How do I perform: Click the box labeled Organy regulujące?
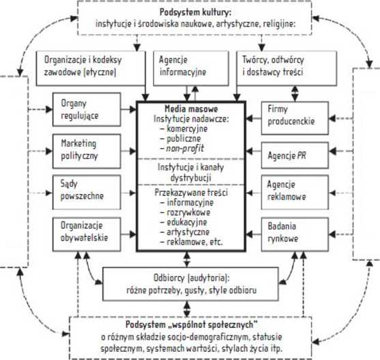pos(87,109)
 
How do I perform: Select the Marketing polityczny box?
pos(87,151)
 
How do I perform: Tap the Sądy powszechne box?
pos(87,193)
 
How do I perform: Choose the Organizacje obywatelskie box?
pos(87,234)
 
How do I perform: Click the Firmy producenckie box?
pos(295,118)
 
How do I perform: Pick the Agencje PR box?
pos(295,156)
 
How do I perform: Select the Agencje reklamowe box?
pos(295,193)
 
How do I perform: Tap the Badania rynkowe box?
pos(295,234)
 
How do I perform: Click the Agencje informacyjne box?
pos(191,68)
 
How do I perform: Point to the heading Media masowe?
pos(191,109)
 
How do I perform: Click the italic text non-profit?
pos(185,148)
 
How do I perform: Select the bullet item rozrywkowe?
pos(188,212)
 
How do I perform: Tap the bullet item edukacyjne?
pos(187,222)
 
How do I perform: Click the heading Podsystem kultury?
pos(195,12)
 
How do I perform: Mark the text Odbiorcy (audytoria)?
pos(191,278)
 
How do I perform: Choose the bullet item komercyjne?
pos(187,129)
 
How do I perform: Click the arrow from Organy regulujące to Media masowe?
pos(129,109)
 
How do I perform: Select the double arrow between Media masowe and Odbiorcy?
pos(187,260)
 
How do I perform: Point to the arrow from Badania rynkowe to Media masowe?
pos(254,234)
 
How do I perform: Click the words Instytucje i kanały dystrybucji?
pos(191,172)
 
